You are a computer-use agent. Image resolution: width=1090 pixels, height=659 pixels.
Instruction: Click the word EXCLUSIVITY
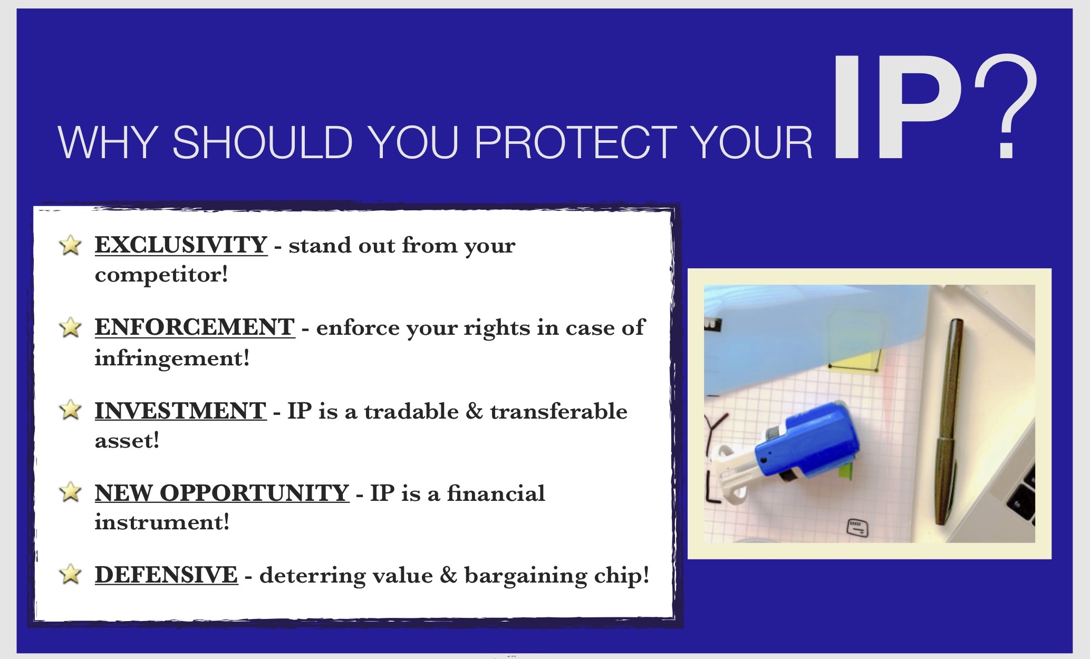pyautogui.click(x=181, y=245)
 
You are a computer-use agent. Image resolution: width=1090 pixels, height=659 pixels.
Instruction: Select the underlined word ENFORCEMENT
pyautogui.click(x=195, y=327)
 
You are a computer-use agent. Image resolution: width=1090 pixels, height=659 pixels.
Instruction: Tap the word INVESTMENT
pyautogui.click(x=180, y=411)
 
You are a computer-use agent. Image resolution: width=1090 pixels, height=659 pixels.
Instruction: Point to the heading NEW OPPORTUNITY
pyautogui.click(x=222, y=493)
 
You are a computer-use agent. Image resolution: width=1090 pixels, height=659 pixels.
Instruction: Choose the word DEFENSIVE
pyautogui.click(x=166, y=575)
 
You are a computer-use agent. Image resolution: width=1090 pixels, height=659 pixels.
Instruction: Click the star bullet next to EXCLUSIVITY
pyautogui.click(x=70, y=245)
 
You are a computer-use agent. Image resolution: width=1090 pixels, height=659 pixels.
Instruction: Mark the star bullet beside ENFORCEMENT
pyautogui.click(x=70, y=327)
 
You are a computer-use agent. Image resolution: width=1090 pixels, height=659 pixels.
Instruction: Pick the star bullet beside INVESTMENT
pyautogui.click(x=70, y=410)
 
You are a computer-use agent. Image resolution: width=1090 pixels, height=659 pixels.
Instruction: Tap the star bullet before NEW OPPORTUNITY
pyautogui.click(x=70, y=492)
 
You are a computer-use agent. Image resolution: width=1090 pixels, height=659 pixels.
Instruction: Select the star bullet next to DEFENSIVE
pyautogui.click(x=70, y=574)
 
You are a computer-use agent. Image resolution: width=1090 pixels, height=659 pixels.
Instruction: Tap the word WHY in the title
pyautogui.click(x=108, y=142)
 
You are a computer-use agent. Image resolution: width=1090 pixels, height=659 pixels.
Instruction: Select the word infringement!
pyautogui.click(x=172, y=358)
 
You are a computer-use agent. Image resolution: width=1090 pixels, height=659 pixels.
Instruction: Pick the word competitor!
pyautogui.click(x=161, y=275)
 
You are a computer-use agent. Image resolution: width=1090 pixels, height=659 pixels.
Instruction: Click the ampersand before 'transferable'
pyautogui.click(x=474, y=411)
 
